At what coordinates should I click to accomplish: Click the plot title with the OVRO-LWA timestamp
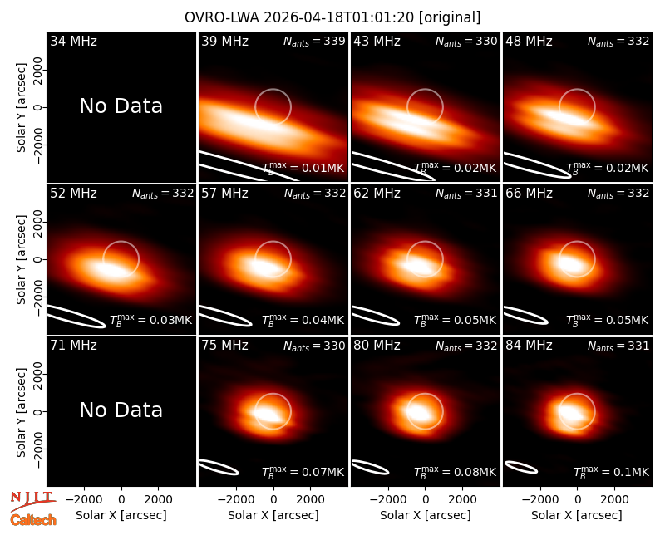(x=332, y=17)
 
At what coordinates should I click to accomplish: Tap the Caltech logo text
(x=33, y=520)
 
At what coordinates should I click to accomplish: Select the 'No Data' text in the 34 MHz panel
(x=121, y=106)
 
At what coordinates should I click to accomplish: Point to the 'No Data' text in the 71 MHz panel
(x=121, y=410)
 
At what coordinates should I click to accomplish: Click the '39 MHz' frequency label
(x=224, y=41)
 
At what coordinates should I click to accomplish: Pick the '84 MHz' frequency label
(x=529, y=346)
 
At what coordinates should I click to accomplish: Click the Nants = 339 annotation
(x=314, y=41)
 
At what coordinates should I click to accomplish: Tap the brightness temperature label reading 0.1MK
(x=611, y=471)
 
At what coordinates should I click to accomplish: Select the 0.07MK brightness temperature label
(x=303, y=471)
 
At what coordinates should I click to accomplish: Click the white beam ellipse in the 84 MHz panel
(x=521, y=467)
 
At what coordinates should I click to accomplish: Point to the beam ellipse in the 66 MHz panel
(x=526, y=316)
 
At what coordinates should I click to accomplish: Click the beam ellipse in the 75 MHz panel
(x=219, y=467)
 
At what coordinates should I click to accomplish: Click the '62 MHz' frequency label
(x=377, y=194)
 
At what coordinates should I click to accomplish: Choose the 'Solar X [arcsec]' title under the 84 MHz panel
(x=577, y=515)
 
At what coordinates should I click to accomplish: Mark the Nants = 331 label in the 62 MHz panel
(x=466, y=194)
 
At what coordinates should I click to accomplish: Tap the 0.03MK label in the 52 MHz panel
(x=151, y=320)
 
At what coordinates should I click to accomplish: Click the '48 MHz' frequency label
(x=529, y=41)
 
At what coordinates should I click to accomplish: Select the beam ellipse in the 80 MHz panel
(x=370, y=467)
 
